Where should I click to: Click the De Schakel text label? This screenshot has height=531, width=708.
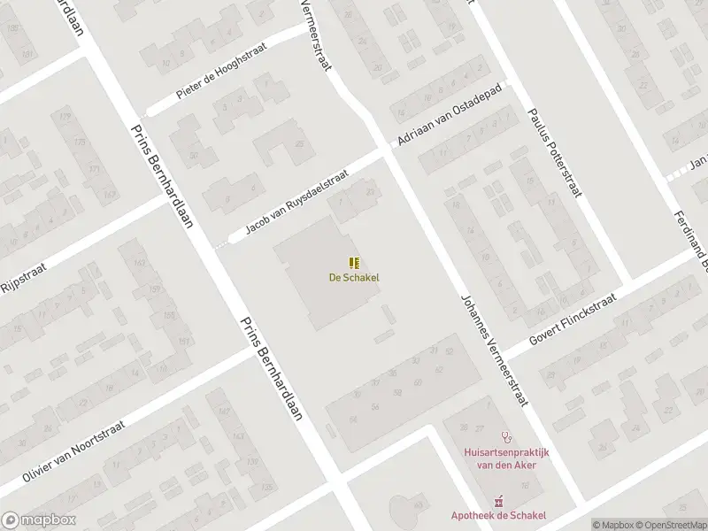[354, 277]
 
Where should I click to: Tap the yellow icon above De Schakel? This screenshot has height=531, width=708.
[354, 262]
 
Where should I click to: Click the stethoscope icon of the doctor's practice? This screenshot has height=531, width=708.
[507, 436]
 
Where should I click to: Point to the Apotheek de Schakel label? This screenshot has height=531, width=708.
[497, 515]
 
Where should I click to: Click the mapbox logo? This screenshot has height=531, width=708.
[39, 520]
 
